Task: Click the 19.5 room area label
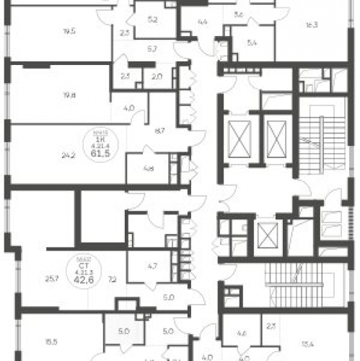click(x=70, y=31)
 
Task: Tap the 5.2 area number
click(x=152, y=20)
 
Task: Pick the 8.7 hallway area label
click(x=159, y=131)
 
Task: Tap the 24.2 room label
click(x=69, y=154)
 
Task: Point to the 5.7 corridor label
click(x=153, y=49)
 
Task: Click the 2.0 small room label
click(x=158, y=75)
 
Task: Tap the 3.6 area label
click(x=240, y=14)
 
